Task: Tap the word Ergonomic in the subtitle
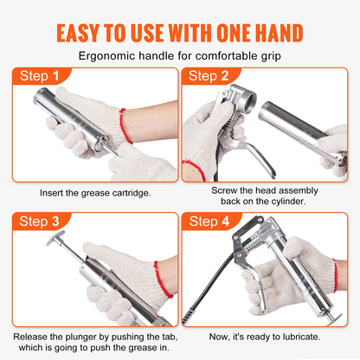tap(107, 56)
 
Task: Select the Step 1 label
tap(39, 76)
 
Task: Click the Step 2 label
tap(209, 76)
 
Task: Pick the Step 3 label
tap(39, 222)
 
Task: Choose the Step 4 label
tap(209, 222)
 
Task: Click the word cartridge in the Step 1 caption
tap(132, 193)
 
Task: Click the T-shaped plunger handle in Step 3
tap(56, 238)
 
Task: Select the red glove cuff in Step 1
tap(125, 125)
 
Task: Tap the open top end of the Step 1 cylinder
tap(42, 95)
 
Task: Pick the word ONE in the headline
tap(234, 33)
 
